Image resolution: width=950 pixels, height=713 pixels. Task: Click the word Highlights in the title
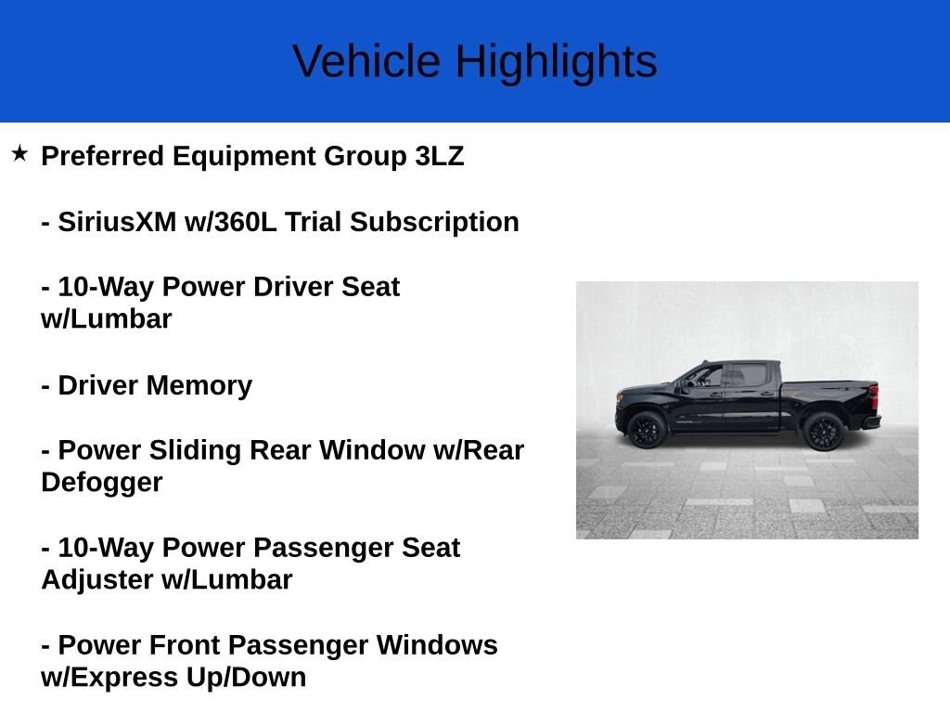pyautogui.click(x=557, y=62)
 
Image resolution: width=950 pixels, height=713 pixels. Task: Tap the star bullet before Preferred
pyautogui.click(x=19, y=153)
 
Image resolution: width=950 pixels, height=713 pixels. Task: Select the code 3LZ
pyautogui.click(x=439, y=156)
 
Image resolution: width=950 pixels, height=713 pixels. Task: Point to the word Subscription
pyautogui.click(x=434, y=223)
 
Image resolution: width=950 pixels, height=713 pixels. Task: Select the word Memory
pyautogui.click(x=199, y=386)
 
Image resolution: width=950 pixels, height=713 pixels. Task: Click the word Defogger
pyautogui.click(x=102, y=483)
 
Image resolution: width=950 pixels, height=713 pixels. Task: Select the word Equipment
pyautogui.click(x=244, y=157)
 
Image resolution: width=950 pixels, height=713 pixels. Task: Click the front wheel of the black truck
pyautogui.click(x=647, y=429)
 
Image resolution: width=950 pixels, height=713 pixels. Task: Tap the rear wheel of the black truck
pyautogui.click(x=824, y=431)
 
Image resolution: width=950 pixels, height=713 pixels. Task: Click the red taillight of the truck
pyautogui.click(x=874, y=397)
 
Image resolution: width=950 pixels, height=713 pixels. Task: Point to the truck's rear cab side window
pyautogui.click(x=750, y=375)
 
